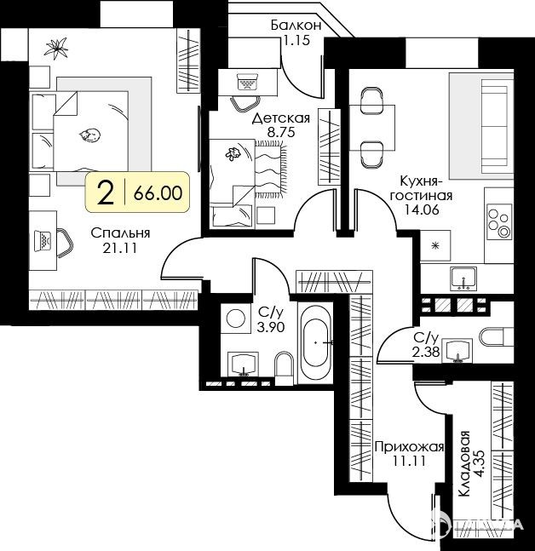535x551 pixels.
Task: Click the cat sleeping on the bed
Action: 89,135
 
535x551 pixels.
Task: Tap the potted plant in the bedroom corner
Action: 56,48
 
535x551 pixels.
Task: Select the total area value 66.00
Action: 158,193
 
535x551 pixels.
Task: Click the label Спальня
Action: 120,233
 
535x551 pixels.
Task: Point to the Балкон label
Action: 296,26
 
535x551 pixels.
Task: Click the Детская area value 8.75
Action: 280,132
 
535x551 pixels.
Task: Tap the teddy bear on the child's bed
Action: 233,154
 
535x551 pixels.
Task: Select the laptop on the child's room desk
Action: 247,83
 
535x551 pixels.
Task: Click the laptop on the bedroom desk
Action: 43,241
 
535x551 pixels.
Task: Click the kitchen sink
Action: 464,278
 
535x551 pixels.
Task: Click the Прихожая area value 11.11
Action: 409,461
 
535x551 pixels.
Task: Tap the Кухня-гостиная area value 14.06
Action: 422,209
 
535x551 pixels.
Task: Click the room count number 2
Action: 106,193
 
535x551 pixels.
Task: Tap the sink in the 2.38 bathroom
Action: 457,350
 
